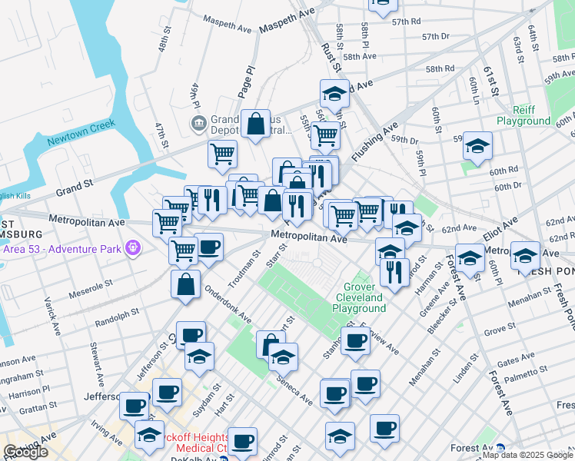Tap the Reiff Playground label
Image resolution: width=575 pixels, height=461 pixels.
(523, 115)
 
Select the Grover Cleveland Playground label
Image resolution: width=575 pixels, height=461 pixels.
(359, 297)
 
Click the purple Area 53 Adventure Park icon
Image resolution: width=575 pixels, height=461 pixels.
(134, 247)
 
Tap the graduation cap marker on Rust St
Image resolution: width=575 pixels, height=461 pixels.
(334, 94)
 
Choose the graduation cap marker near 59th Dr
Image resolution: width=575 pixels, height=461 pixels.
(477, 146)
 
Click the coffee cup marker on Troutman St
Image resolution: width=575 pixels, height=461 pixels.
(208, 247)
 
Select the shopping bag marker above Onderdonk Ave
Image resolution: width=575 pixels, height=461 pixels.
(186, 284)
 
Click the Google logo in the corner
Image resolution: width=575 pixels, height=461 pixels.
(25, 452)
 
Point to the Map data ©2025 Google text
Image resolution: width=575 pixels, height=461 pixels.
(527, 455)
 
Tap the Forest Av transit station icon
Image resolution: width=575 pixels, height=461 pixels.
(500, 449)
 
